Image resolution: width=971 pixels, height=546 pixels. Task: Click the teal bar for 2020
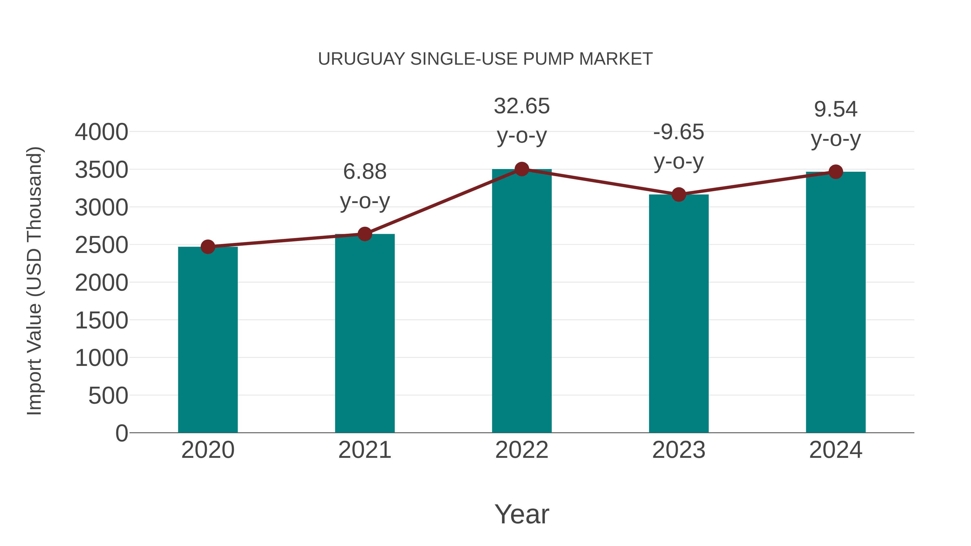click(208, 339)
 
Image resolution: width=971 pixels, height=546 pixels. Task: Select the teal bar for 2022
click(522, 301)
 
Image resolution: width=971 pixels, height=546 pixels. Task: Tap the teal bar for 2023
click(679, 313)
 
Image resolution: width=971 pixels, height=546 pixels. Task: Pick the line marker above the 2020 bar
click(208, 247)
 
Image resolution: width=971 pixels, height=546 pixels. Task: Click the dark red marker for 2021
click(364, 234)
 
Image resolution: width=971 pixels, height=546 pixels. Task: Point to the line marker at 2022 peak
click(522, 169)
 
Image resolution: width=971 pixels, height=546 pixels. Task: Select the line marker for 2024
click(836, 172)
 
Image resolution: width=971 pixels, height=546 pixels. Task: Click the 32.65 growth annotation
click(522, 106)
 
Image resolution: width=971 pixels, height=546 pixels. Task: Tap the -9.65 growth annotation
click(679, 132)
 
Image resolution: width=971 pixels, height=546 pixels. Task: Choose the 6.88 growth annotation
click(364, 172)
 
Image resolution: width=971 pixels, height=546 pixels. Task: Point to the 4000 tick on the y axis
click(101, 132)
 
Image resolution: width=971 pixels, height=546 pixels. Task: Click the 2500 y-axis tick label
click(101, 245)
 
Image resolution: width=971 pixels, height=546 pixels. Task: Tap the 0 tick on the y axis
click(121, 433)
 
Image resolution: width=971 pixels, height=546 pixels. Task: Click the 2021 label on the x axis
click(364, 450)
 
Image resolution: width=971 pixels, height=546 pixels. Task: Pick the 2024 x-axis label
click(836, 450)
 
